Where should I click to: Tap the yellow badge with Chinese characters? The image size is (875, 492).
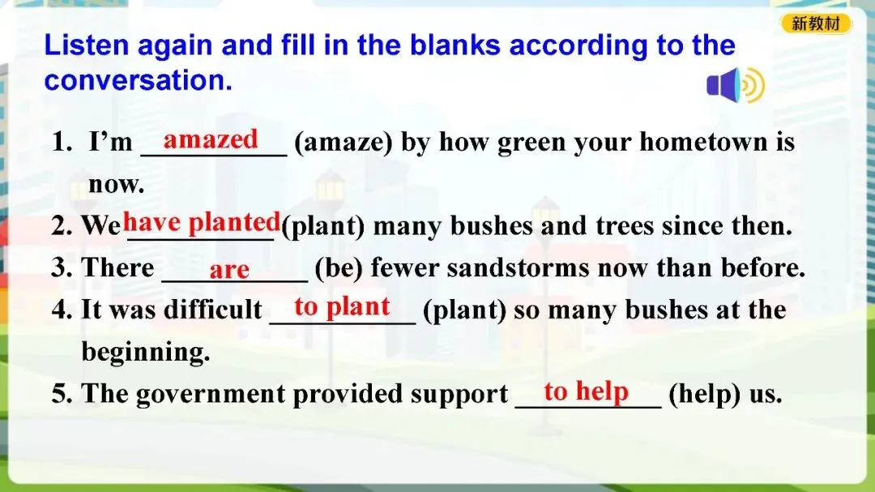(816, 24)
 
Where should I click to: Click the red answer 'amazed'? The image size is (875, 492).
(211, 139)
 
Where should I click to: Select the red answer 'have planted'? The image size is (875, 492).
(202, 222)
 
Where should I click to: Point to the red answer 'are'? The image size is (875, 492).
(229, 270)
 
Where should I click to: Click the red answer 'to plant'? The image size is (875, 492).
(342, 307)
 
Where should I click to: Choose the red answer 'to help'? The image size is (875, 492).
(587, 391)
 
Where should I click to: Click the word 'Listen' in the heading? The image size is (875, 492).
(87, 45)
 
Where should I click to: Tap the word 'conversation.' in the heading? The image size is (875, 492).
(138, 80)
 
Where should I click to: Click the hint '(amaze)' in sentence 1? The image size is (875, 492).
(344, 143)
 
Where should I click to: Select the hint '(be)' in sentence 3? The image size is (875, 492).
(339, 268)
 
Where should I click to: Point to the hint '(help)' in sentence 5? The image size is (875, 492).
(704, 394)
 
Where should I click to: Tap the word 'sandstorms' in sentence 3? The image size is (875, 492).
(518, 267)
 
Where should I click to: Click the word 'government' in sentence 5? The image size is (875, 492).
(211, 394)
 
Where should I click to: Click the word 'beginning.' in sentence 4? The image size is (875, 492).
(146, 353)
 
